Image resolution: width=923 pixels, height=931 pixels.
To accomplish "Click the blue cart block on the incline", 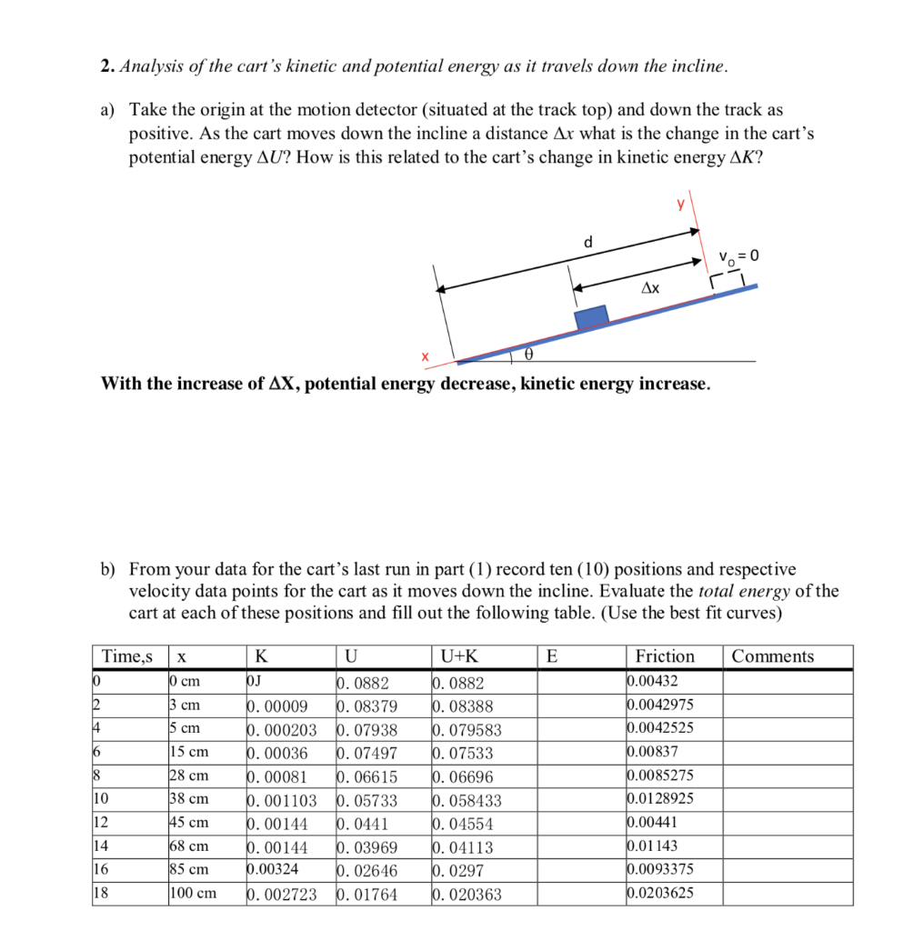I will pos(591,316).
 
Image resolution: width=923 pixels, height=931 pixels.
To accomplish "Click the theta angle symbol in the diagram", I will pos(528,353).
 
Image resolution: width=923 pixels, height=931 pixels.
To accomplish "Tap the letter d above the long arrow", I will pos(587,242).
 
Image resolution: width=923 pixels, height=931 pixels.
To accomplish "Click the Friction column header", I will pos(665,656).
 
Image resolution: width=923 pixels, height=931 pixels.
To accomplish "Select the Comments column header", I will pos(773,656).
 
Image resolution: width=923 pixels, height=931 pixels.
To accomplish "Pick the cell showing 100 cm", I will pos(193,893).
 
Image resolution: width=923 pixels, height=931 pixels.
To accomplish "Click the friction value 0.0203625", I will pos(660,892).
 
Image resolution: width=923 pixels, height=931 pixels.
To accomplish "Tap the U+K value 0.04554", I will pos(464,824).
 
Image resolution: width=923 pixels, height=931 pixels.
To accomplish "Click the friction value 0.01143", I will pos(652,846).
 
